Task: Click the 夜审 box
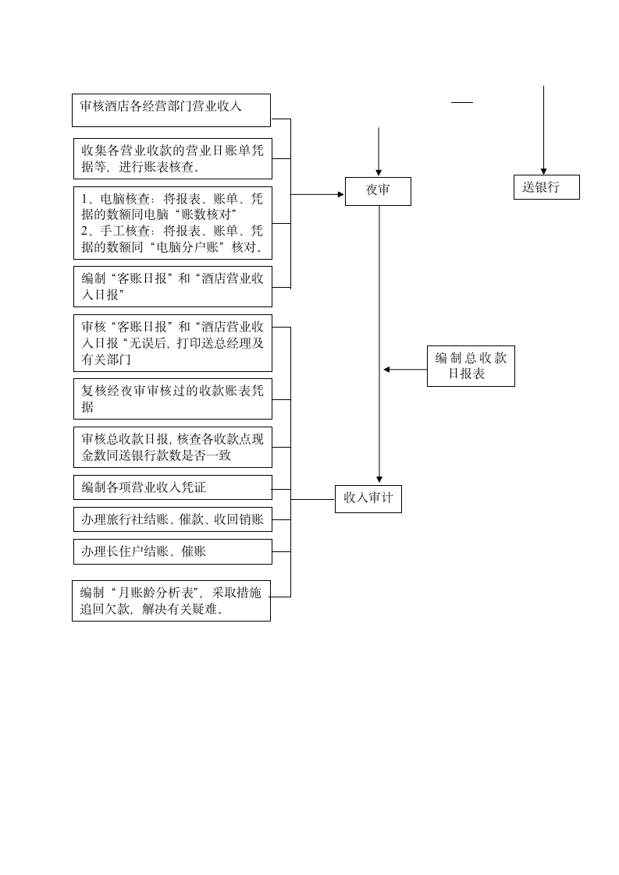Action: [x=378, y=191]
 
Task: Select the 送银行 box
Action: [x=546, y=187]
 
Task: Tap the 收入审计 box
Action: [x=368, y=499]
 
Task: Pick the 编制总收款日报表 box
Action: [x=471, y=366]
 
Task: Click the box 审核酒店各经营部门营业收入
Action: [x=171, y=110]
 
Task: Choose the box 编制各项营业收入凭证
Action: [x=173, y=487]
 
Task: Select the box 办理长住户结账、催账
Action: [x=173, y=551]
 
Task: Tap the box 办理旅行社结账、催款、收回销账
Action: [x=173, y=519]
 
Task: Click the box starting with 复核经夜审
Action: [x=173, y=399]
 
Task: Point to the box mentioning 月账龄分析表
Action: [x=171, y=600]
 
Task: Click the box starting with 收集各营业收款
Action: [x=173, y=158]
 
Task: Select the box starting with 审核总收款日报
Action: [x=173, y=447]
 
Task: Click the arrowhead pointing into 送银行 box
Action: [x=544, y=171]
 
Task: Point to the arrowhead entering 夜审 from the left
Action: [x=340, y=194]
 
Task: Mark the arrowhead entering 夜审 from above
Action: [x=379, y=172]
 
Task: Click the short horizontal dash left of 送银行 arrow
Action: [x=462, y=102]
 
